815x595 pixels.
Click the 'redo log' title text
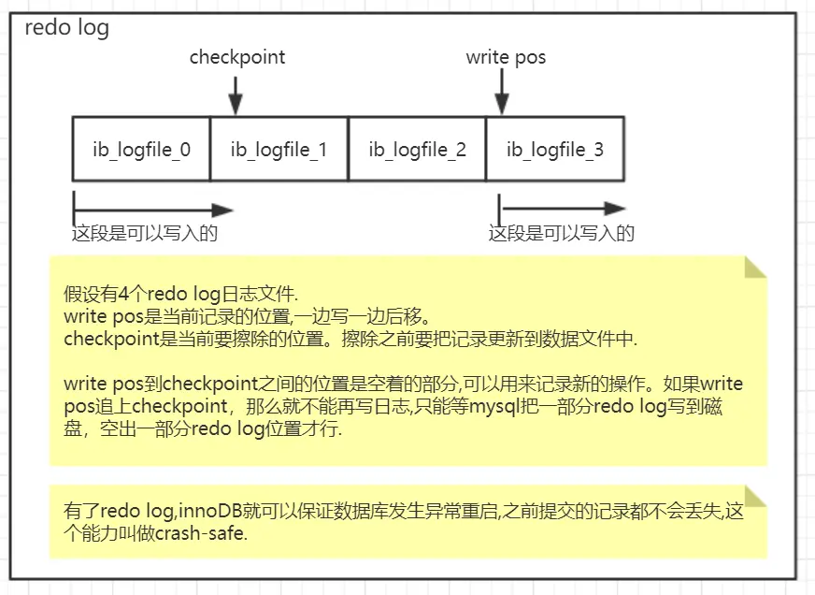tap(65, 28)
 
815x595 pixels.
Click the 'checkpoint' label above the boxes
tap(237, 57)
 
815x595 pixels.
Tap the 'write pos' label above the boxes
tap(506, 57)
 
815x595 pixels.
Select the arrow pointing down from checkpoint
tap(236, 95)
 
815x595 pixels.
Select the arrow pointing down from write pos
tap(502, 95)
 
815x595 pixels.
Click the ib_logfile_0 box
tap(141, 149)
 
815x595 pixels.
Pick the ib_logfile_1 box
tap(279, 149)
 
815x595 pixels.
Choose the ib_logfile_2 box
tap(417, 149)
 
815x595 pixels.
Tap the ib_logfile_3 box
tap(555, 149)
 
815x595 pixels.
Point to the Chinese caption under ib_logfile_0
tap(145, 233)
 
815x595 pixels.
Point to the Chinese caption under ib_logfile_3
tap(561, 233)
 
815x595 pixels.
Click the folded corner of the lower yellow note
tap(755, 497)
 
